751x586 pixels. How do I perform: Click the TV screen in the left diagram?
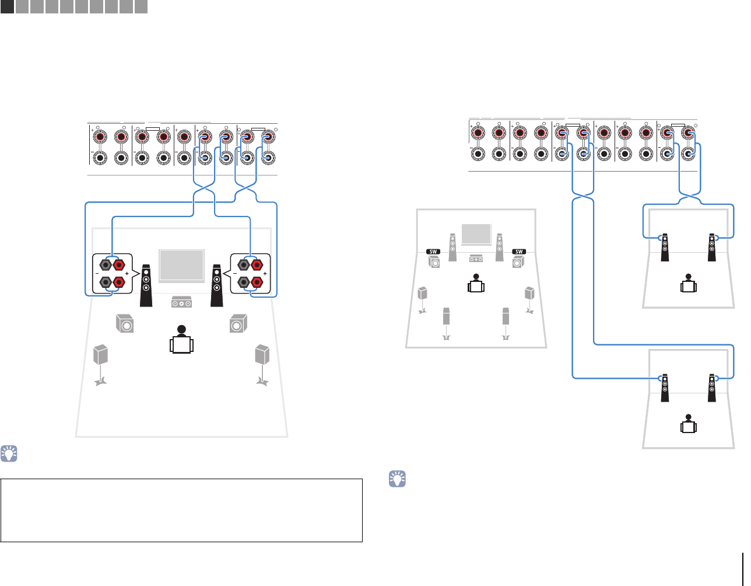click(x=181, y=266)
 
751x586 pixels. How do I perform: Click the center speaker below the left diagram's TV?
click(x=181, y=303)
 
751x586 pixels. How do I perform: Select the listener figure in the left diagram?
click(x=181, y=339)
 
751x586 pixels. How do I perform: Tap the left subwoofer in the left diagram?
click(x=124, y=323)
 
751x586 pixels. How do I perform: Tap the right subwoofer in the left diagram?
click(x=238, y=323)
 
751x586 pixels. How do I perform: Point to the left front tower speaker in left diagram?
click(x=146, y=286)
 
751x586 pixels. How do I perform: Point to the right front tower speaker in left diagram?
click(x=217, y=286)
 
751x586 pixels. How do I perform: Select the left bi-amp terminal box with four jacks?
click(x=112, y=274)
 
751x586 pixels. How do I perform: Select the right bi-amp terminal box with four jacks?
click(x=251, y=274)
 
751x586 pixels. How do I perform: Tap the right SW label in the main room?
click(x=519, y=251)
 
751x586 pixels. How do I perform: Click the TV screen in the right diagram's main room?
click(x=476, y=234)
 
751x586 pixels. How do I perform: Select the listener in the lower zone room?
click(x=689, y=424)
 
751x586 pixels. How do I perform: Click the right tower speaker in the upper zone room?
click(x=711, y=247)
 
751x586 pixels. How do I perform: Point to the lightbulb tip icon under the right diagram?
click(x=397, y=480)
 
